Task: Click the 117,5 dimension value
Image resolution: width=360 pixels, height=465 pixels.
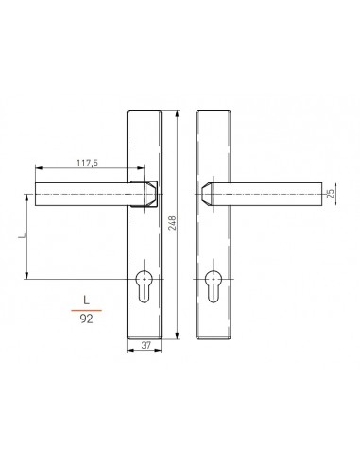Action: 88,163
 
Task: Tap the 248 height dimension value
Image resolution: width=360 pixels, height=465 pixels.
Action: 173,223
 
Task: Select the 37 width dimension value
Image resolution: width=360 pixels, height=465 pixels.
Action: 146,345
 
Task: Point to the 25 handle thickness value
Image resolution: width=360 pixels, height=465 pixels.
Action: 331,194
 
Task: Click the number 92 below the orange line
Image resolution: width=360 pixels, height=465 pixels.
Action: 87,319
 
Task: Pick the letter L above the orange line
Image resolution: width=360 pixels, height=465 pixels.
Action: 87,300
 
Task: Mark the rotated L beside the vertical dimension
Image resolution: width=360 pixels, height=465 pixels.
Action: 22,235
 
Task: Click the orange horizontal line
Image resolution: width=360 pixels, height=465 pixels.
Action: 87,310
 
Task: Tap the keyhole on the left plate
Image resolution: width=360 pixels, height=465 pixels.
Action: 144,286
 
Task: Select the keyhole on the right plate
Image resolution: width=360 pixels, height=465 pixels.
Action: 213,286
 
